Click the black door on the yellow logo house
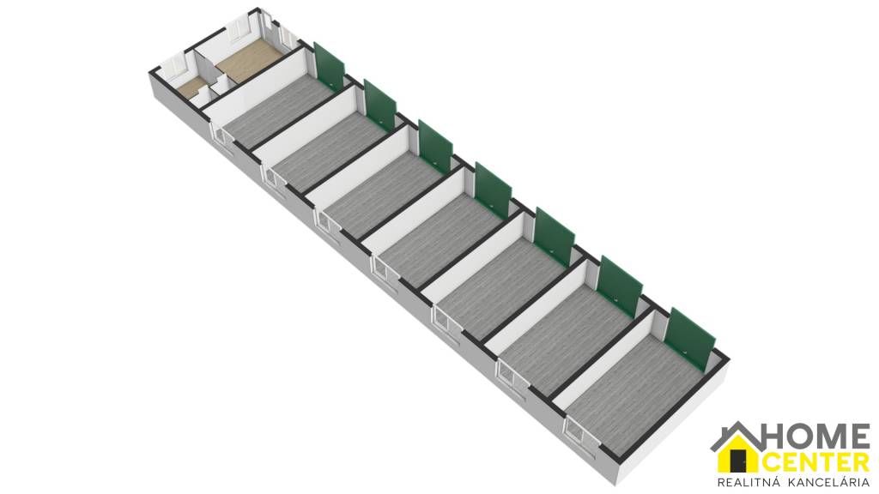coord(740,461)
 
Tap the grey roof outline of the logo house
coord(736,433)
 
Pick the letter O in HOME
coord(801,437)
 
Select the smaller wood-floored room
coord(192,87)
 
